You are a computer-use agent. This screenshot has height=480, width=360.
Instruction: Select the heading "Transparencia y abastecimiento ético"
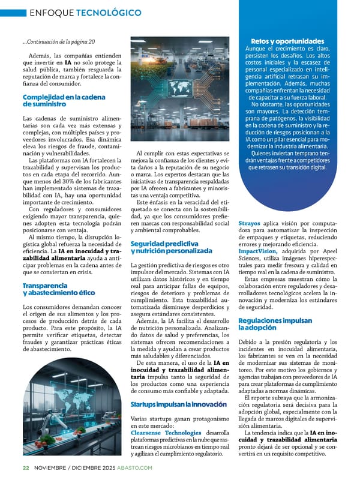[x=58, y=289]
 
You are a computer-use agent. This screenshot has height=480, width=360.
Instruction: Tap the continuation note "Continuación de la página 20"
[x=59, y=41]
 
